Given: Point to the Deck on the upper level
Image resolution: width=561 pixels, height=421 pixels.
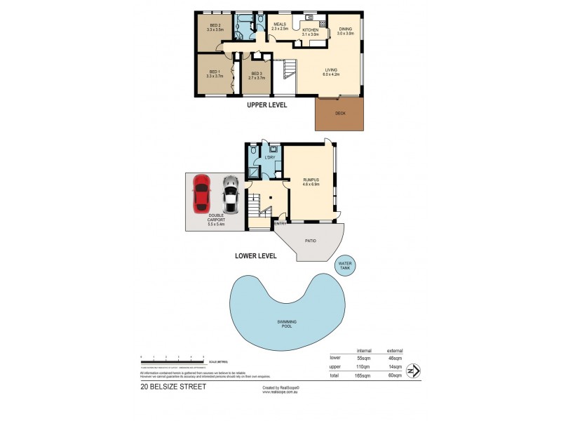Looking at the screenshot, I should click(340, 113).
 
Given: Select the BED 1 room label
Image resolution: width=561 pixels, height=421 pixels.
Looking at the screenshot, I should click(215, 74).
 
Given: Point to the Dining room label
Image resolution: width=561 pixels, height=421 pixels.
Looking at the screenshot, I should click(346, 30).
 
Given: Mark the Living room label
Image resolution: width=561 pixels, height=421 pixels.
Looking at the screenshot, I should click(331, 72).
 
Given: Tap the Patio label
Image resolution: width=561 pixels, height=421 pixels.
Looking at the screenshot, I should click(310, 241).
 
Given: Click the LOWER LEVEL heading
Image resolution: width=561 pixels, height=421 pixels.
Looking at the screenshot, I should click(255, 256).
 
